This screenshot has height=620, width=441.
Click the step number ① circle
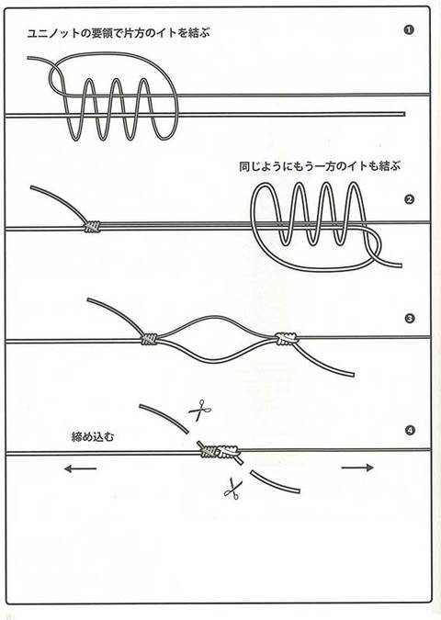coord(409,30)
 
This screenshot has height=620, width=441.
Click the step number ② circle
coord(410,199)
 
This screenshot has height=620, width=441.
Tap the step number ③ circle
coord(410,318)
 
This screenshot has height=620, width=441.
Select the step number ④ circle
coord(410,430)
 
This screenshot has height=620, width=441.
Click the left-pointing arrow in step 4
coord(80,469)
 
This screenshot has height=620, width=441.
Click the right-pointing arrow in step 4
coord(357,468)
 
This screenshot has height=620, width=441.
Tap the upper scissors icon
coord(199,411)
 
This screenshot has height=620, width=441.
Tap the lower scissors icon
coord(232,488)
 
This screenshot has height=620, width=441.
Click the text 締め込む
coord(93,437)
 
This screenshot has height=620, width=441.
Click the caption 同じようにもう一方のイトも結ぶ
coord(320,166)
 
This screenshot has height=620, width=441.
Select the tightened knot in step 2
coord(92,226)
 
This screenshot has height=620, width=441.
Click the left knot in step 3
coord(149,339)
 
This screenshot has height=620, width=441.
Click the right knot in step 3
coord(287,338)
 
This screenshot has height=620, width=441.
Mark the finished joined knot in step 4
coord(220,451)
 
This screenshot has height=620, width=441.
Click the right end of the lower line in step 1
coord(404,114)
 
